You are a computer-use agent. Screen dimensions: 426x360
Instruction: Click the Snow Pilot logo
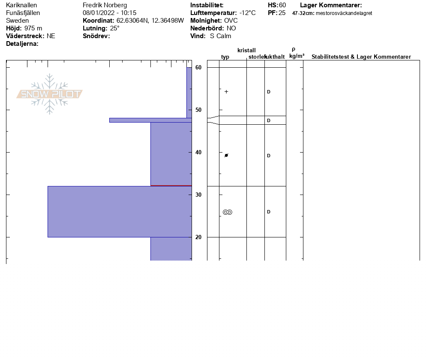click(x=49, y=94)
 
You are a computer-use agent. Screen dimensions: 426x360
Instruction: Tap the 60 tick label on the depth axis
click(x=198, y=67)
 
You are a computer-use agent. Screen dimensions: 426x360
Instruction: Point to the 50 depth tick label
click(x=198, y=110)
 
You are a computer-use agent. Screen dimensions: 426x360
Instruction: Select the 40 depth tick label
click(x=198, y=152)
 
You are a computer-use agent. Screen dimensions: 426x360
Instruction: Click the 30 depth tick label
click(x=198, y=195)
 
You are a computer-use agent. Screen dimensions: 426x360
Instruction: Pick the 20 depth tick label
click(x=198, y=237)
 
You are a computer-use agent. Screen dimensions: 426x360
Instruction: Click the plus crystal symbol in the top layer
click(x=226, y=92)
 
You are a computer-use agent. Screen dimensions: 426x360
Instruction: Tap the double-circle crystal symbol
click(x=228, y=212)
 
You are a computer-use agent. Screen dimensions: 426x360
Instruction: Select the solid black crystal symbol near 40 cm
click(x=226, y=156)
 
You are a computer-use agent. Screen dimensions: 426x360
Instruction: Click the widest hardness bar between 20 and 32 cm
click(x=120, y=212)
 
